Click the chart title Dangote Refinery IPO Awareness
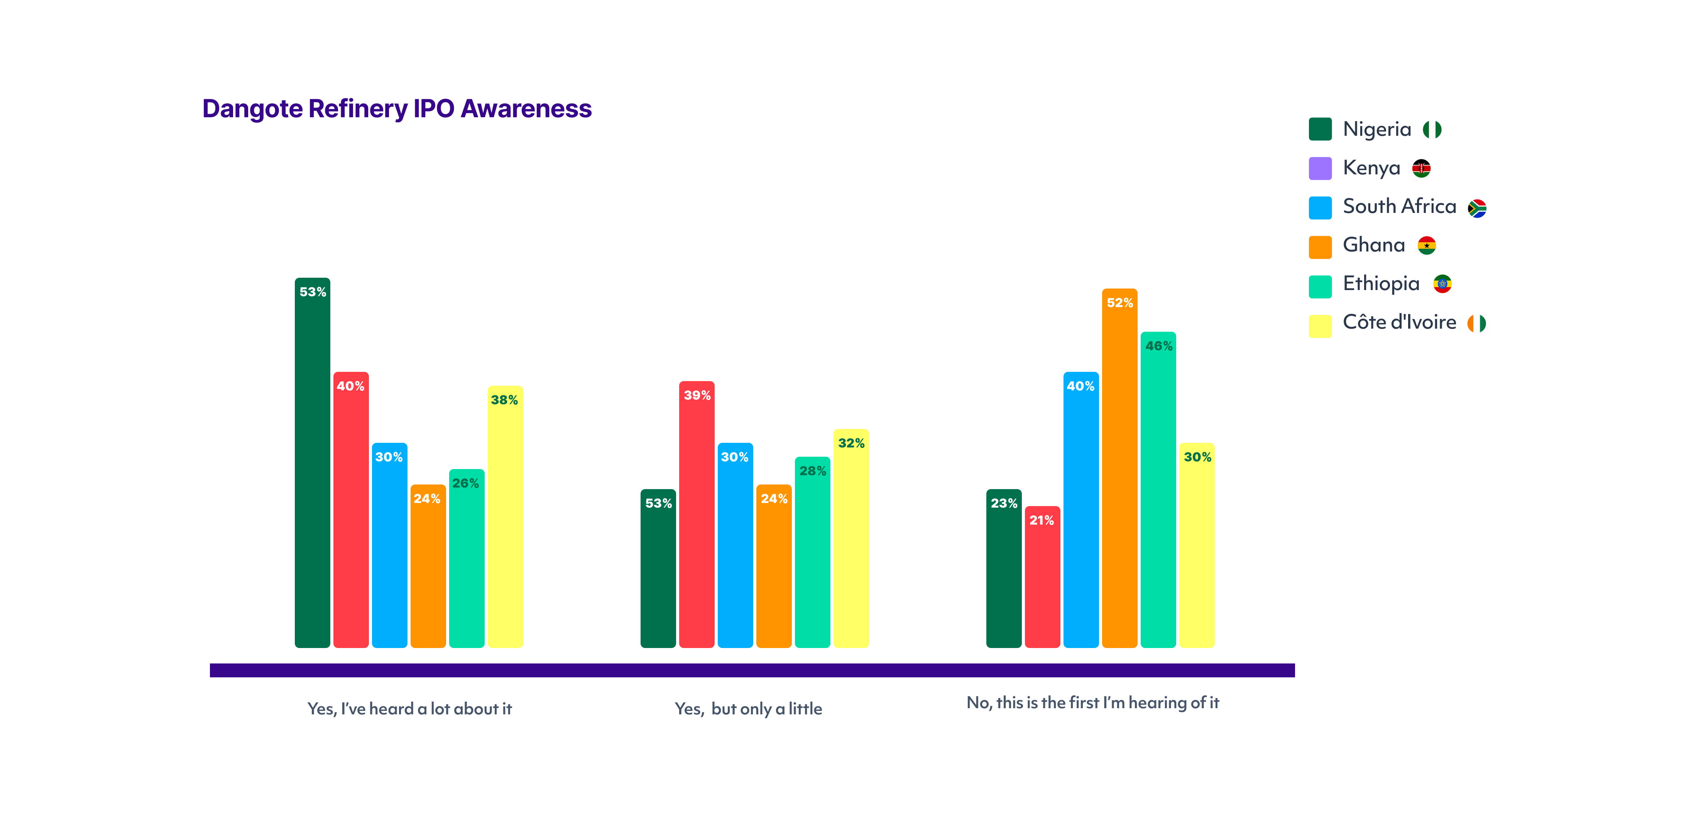(397, 109)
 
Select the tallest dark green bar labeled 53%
(312, 462)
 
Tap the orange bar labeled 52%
(1119, 468)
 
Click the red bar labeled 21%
(1042, 577)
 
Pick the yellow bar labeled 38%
(505, 517)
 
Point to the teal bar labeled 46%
(1158, 490)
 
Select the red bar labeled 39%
(697, 514)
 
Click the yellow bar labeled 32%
(851, 538)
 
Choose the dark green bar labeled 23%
(1004, 568)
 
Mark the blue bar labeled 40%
(1081, 510)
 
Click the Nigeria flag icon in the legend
(1432, 129)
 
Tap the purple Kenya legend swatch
(1320, 168)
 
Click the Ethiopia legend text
(1381, 284)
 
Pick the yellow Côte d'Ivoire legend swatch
(1320, 326)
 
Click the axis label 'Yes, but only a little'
(748, 709)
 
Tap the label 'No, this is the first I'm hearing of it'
(1093, 703)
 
